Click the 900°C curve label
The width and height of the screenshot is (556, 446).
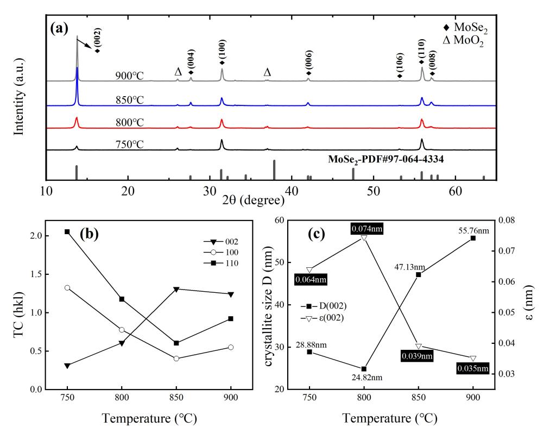pyautogui.click(x=129, y=76)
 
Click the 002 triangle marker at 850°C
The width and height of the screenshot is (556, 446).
pyautogui.click(x=176, y=289)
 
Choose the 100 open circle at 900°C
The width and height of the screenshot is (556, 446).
pyautogui.click(x=231, y=347)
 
